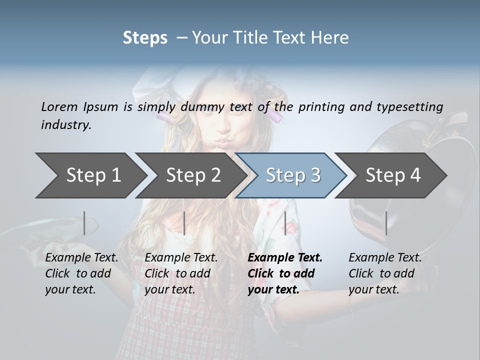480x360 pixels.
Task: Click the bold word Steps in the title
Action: (145, 38)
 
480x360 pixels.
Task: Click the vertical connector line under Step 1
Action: (84, 223)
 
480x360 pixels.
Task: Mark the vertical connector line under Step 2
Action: (184, 223)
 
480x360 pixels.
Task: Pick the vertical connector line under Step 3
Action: (285, 223)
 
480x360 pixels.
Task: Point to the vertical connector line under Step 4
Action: (386, 223)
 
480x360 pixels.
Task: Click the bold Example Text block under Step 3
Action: (284, 273)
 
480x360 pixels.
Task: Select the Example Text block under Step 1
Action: (81, 273)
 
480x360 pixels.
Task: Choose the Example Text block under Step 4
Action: (384, 273)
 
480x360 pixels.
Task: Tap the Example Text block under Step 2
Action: (180, 273)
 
